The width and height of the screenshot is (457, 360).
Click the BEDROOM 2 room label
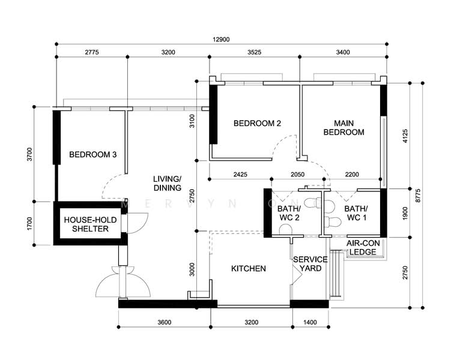click(x=257, y=124)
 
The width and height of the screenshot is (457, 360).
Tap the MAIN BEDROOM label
click(x=344, y=128)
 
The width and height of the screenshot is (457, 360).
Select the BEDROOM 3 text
click(x=92, y=155)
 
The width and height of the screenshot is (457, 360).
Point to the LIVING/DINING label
click(x=167, y=184)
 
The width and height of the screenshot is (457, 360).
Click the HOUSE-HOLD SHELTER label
click(x=86, y=224)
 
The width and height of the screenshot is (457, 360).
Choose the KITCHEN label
click(x=249, y=269)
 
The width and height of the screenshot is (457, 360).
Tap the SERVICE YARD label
click(x=310, y=263)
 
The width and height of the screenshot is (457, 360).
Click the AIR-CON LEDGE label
click(x=363, y=248)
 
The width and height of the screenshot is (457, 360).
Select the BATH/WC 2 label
click(x=288, y=213)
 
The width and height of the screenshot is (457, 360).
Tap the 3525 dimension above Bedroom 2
click(x=255, y=53)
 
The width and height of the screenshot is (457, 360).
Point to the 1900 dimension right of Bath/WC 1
click(x=405, y=213)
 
